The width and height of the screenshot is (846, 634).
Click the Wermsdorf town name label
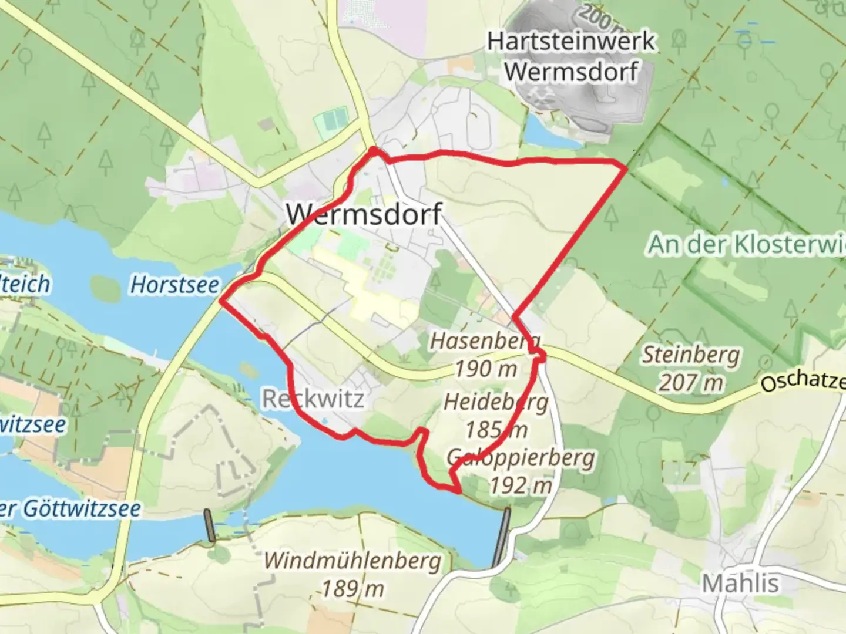tap(364, 214)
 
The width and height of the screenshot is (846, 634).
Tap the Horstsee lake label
tap(174, 285)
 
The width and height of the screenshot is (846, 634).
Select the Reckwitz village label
tap(313, 399)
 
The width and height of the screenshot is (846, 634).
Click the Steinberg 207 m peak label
tap(690, 368)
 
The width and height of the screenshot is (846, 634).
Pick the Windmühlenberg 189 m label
tap(352, 572)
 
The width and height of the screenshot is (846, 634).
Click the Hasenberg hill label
tap(485, 340)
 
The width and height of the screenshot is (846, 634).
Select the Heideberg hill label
tap(496, 402)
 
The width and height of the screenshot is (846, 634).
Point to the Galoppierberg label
tap(521, 457)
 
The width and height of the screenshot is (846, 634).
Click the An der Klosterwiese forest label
tap(746, 244)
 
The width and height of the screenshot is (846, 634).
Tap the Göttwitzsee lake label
tap(70, 508)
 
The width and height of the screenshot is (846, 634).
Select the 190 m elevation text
tap(486, 369)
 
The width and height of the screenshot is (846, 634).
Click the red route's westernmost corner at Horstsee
tap(221, 301)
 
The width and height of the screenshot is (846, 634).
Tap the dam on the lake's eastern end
tap(501, 537)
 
